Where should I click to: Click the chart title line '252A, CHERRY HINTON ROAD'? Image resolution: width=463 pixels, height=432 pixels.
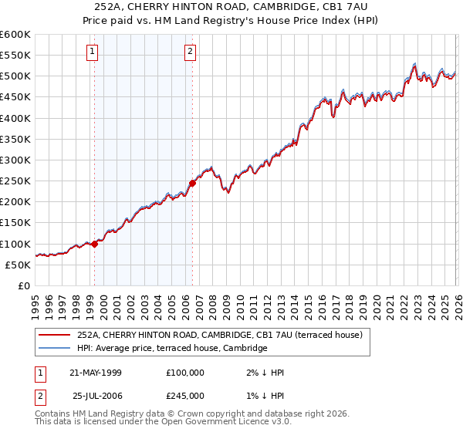click(231, 6)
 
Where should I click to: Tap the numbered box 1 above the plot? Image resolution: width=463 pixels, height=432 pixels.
click(92, 52)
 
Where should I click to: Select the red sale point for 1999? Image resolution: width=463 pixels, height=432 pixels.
click(95, 244)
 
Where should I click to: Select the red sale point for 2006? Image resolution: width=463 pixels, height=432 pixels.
click(193, 183)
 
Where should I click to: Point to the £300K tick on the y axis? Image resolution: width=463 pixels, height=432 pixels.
click(15, 160)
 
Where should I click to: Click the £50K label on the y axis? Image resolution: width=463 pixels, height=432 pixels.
click(18, 265)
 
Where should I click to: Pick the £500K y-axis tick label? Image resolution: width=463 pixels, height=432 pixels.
click(15, 76)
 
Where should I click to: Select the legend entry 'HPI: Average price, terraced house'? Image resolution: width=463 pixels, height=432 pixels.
click(171, 349)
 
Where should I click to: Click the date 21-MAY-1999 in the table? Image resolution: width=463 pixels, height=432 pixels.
click(96, 373)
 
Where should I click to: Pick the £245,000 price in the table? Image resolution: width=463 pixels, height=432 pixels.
click(185, 396)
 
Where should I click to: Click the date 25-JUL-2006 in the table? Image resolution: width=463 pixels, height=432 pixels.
click(96, 396)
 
